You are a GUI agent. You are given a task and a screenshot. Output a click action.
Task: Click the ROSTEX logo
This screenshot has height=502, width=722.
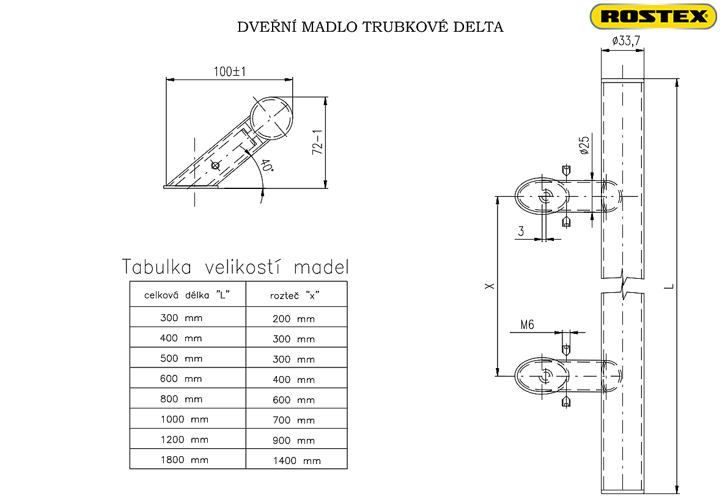pos(652,17)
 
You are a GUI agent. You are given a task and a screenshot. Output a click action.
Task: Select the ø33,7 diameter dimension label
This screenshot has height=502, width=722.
pos(623,42)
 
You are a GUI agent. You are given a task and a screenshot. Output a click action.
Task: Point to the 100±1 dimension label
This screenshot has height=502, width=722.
pos(229,72)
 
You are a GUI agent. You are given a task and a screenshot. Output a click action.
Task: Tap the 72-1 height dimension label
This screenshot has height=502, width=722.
pos(316,142)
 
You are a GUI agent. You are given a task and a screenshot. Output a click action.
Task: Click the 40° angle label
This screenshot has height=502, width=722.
pos(266,167)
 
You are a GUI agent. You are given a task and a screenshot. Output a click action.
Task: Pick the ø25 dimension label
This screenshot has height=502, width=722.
pos(584,145)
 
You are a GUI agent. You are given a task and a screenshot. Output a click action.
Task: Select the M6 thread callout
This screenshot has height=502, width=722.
pos(527,325)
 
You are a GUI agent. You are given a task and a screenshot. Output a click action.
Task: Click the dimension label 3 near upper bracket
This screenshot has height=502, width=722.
pos(521,231)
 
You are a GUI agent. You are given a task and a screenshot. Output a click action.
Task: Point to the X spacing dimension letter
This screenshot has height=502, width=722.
pos(488,286)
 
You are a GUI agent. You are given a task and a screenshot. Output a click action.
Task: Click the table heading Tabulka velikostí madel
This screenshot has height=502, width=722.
pos(236,267)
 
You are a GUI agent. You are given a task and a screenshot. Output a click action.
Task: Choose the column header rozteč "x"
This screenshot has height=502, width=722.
pos(295,295)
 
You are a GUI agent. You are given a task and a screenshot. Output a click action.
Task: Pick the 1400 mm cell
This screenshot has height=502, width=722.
pos(297,460)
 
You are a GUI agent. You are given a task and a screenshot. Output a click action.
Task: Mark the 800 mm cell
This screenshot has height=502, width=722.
pos(181,399)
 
